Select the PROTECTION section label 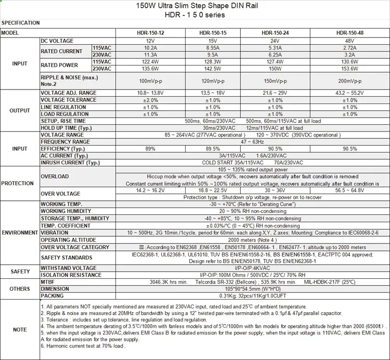(18, 184)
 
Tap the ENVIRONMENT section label (20, 233)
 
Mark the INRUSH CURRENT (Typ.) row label (70, 162)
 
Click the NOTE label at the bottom (20, 329)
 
